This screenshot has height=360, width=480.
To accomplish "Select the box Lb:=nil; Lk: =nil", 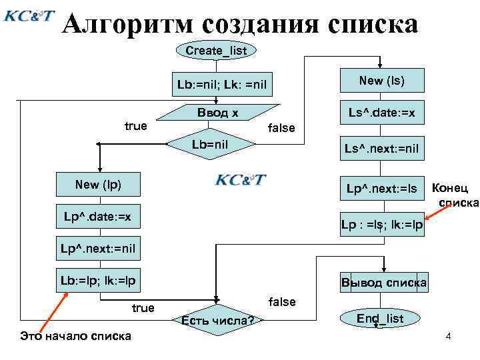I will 222,85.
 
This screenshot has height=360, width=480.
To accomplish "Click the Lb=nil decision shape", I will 213,143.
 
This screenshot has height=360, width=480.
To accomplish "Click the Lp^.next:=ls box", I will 381,189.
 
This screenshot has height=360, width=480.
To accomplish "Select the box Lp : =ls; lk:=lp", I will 382,225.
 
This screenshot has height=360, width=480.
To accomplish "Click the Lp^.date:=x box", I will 98,217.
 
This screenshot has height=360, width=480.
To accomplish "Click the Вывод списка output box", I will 383,281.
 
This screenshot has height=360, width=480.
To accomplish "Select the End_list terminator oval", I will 380,319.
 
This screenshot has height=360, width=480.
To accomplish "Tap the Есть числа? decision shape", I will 217,321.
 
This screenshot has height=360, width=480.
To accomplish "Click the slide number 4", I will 449,337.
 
